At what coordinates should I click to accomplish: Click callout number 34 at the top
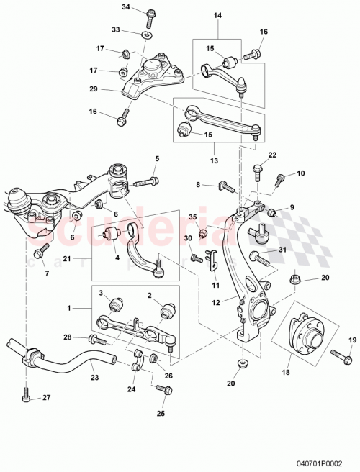[127, 7]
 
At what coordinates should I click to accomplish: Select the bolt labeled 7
[39, 252]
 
